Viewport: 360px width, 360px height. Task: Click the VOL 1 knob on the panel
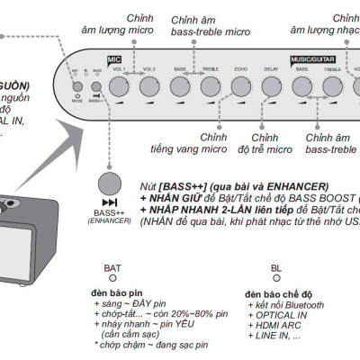coord(119,85)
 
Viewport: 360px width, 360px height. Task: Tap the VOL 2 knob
coord(149,85)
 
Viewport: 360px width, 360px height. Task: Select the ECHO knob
coord(241,85)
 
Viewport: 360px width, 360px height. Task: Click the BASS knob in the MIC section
coord(180,85)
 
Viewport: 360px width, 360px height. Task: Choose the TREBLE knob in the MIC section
coord(210,85)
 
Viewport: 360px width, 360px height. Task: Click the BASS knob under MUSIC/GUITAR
coord(302,85)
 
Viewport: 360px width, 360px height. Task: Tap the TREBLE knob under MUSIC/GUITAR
coord(333,85)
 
